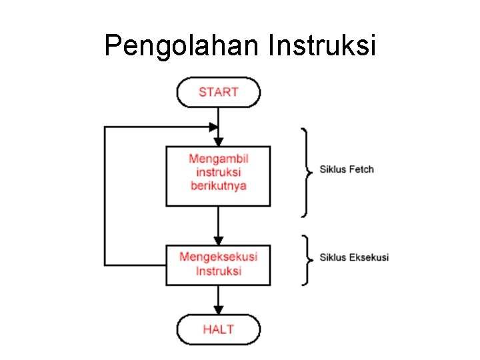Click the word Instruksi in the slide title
322,46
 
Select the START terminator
218,92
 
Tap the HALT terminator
218,329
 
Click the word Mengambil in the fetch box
218,159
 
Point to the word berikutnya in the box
218,185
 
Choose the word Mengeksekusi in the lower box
218,257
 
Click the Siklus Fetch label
347,169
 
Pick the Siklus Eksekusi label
354,257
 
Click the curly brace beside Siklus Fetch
306,172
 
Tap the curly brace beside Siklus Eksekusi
306,259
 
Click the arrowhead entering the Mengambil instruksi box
218,141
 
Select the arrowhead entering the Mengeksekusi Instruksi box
218,241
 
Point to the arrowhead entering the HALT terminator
218,310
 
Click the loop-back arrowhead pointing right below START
213,126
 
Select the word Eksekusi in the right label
369,257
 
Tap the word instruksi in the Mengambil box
218,172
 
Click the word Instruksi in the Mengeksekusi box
218,271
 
